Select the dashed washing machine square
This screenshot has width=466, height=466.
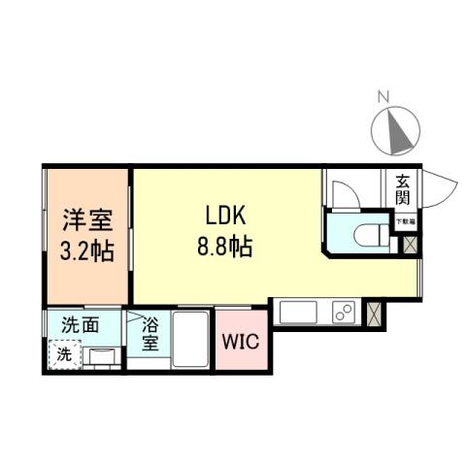tap(62, 355)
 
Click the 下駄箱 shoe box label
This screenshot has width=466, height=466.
tap(405, 222)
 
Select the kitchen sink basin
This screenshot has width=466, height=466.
tap(293, 313)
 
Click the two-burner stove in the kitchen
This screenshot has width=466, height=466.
tap(344, 313)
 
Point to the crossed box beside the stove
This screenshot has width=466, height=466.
tap(376, 313)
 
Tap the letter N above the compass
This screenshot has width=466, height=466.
tap(383, 97)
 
